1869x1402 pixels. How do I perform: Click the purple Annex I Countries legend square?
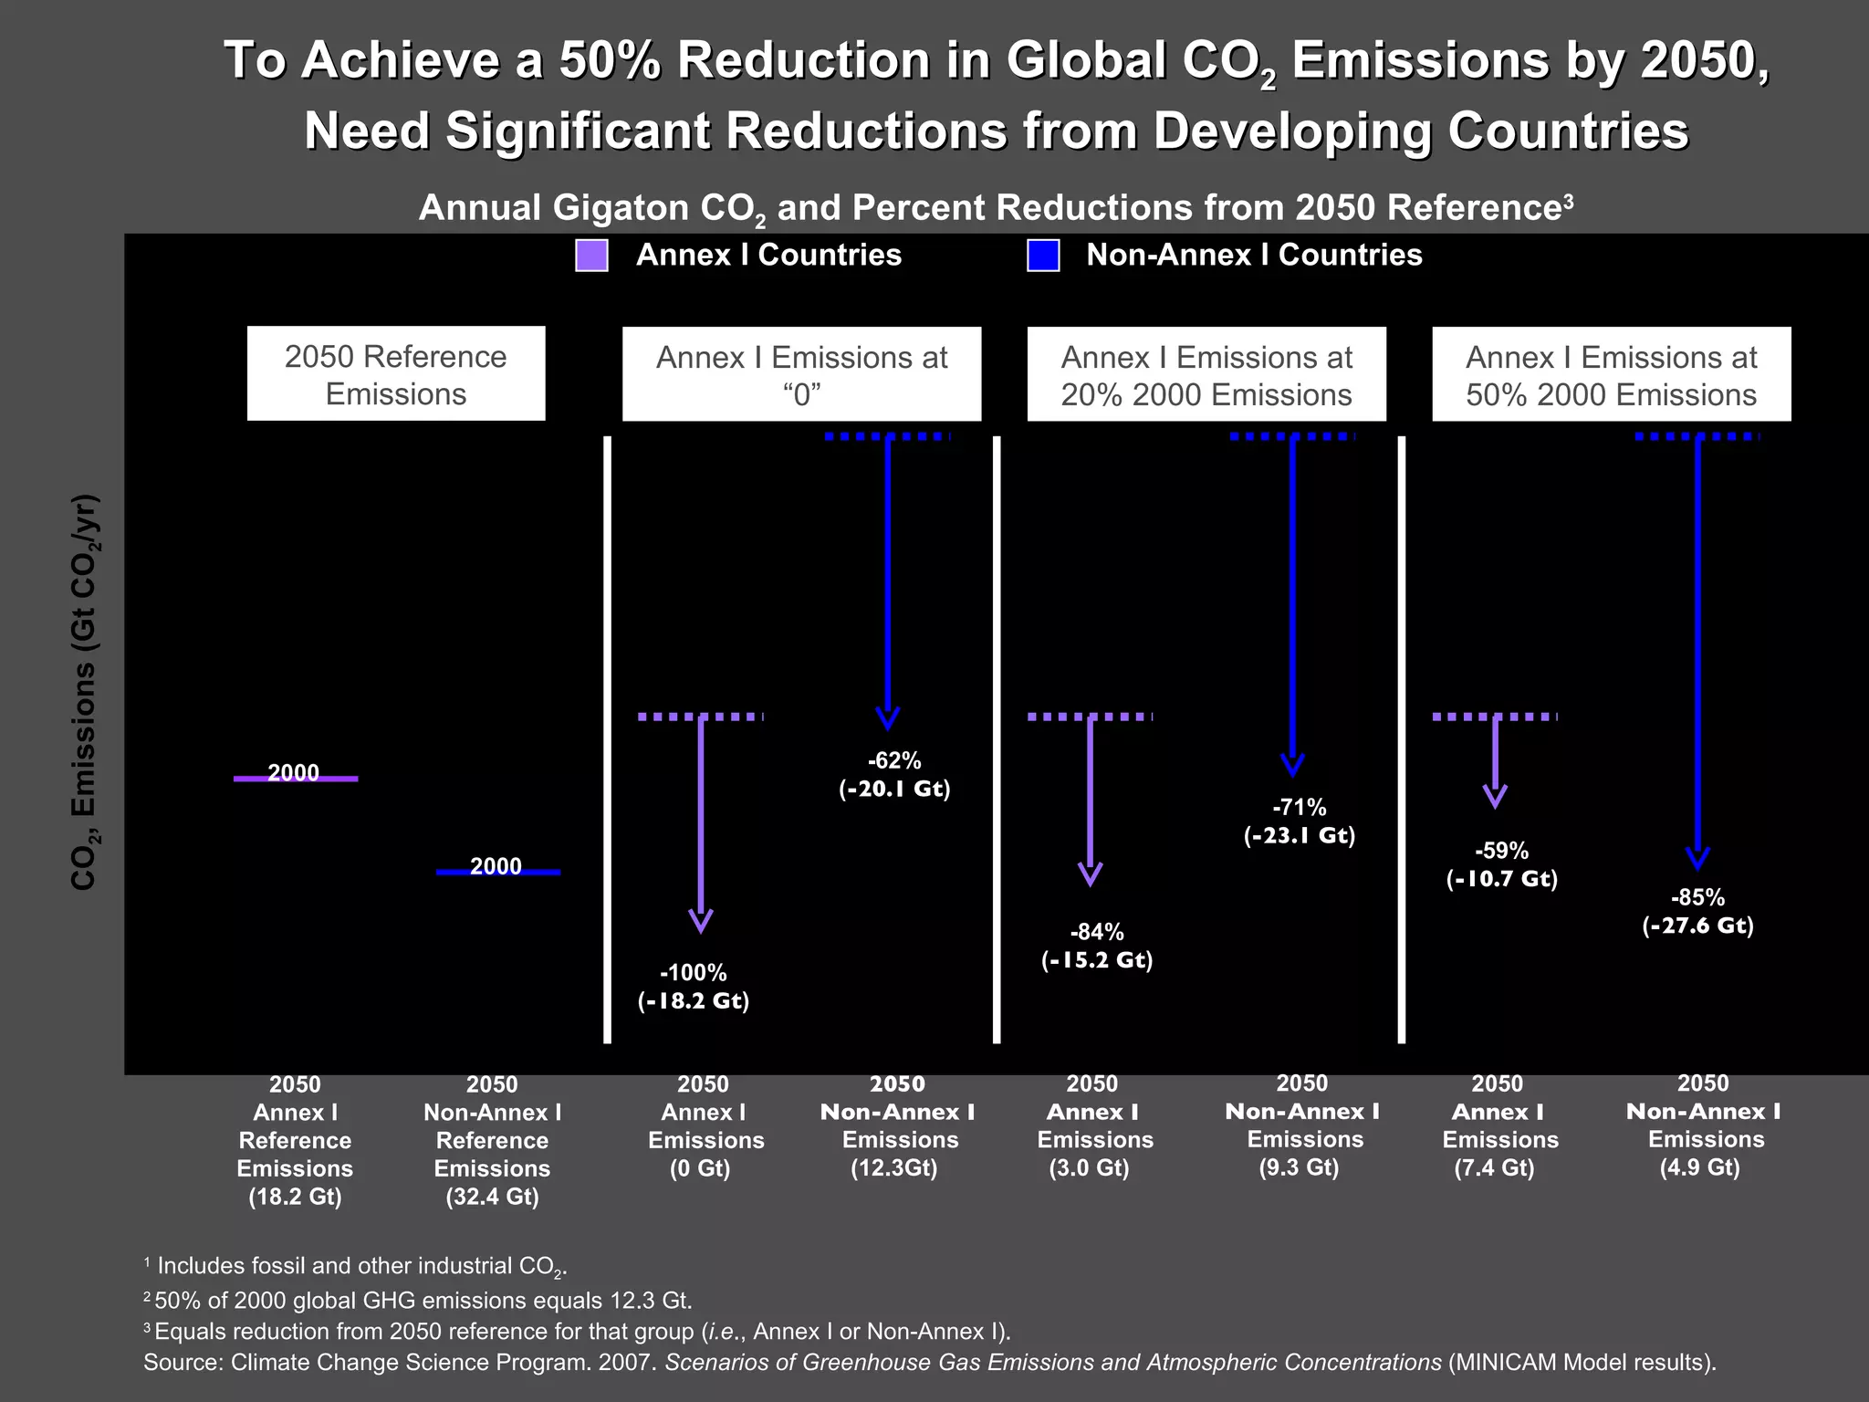coord(591,256)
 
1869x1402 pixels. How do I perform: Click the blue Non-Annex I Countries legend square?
coord(1043,256)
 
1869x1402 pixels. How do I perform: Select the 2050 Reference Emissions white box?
coord(396,374)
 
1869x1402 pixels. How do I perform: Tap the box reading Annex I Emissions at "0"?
coord(801,375)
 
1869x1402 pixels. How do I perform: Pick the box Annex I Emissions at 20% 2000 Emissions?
coord(1206,375)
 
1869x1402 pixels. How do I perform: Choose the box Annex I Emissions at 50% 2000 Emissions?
coord(1611,375)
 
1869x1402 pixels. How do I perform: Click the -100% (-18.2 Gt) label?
coord(694,987)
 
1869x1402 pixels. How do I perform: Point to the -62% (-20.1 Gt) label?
coord(894,775)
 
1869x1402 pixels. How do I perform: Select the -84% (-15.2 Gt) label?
coord(1097,946)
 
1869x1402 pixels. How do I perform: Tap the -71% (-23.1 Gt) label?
coord(1300,821)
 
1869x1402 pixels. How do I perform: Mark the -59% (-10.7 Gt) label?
coord(1502,864)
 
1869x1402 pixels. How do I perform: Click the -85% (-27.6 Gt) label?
coord(1697,911)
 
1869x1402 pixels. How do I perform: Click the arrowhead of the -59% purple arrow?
coord(1495,797)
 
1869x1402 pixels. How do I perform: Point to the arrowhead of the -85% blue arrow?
coord(1697,859)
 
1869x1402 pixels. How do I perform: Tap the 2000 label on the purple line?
coord(294,773)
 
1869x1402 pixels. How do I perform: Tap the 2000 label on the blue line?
coord(496,866)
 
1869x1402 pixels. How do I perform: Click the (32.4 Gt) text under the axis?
coord(492,1197)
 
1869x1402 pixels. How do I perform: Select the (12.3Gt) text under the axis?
coord(894,1168)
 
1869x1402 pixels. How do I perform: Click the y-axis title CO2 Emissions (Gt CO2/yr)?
coord(84,692)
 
